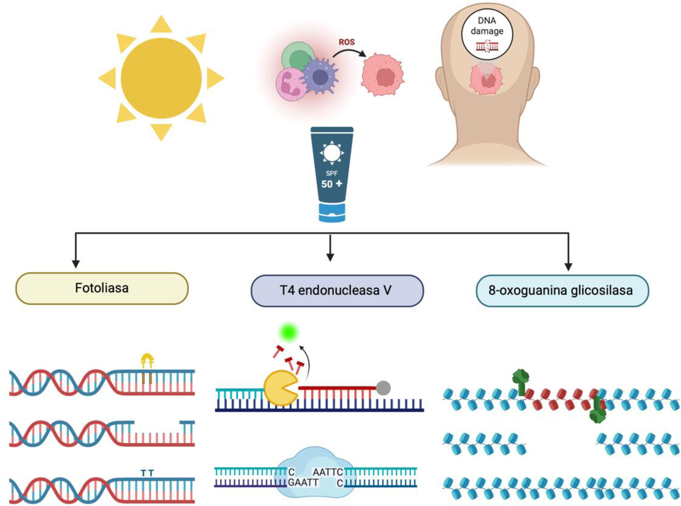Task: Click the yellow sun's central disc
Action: click(161, 78)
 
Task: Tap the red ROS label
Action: click(346, 42)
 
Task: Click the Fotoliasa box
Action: click(102, 288)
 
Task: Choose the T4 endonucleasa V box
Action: click(337, 291)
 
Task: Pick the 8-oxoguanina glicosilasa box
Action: click(562, 291)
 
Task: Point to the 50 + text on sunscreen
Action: click(332, 184)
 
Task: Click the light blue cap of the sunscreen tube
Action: click(332, 213)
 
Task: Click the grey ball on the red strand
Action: click(383, 388)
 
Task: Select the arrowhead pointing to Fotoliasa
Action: click(76, 264)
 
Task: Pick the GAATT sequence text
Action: click(303, 483)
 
